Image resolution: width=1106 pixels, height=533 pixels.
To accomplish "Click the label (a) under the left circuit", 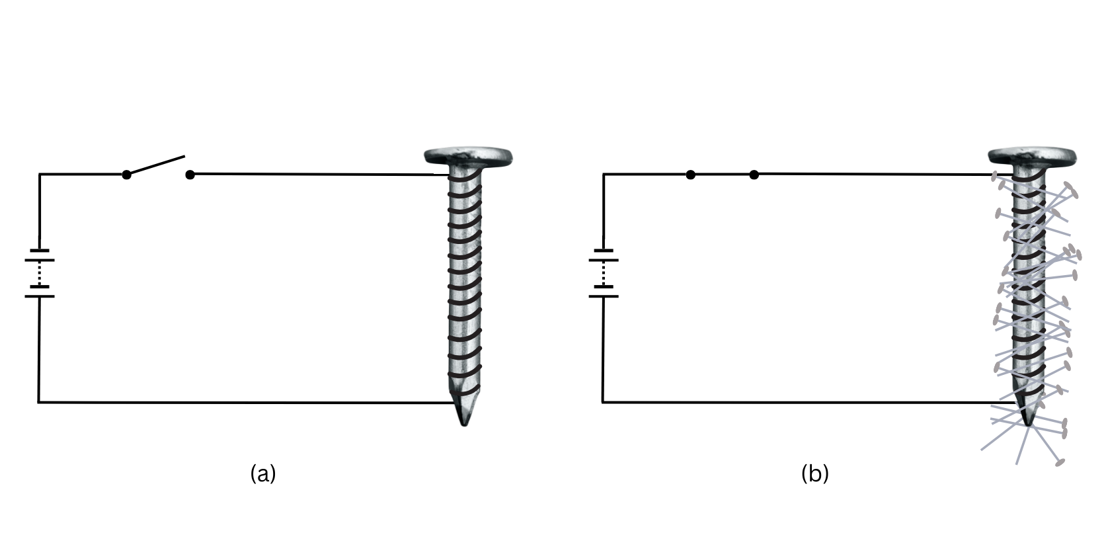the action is tap(263, 473).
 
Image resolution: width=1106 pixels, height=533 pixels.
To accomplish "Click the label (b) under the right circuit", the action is tap(815, 473).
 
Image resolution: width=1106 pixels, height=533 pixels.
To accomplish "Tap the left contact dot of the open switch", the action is tap(126, 175).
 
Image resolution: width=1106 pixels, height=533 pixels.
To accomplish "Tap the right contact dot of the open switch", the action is tap(190, 175).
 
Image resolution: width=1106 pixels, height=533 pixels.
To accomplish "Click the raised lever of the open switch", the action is tap(156, 165).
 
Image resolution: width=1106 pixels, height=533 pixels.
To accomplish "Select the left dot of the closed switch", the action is tap(691, 175).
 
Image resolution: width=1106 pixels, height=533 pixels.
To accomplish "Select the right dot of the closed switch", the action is tap(754, 175).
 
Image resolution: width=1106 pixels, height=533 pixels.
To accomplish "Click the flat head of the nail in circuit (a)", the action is tap(469, 156).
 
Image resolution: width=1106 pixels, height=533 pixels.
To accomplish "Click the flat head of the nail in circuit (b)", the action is tap(1033, 156).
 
